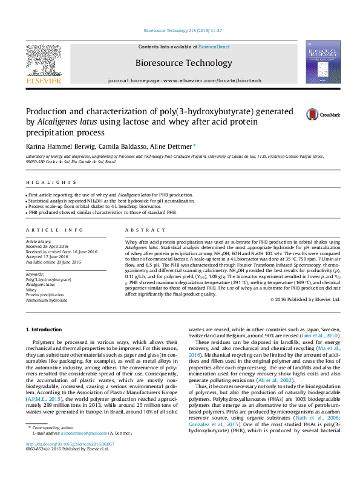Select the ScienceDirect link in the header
(214, 47)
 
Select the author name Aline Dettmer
(170, 146)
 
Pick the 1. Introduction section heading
(46, 329)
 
